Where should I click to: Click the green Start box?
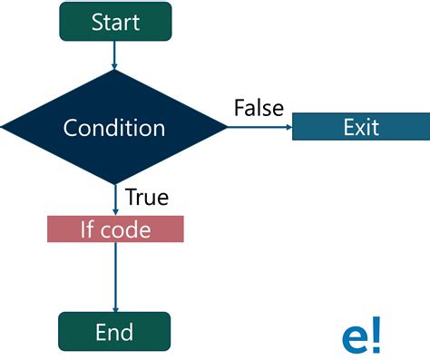click(x=114, y=22)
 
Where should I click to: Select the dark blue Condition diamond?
click(x=114, y=128)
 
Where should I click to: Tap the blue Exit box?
click(x=360, y=127)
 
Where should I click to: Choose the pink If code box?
click(x=115, y=229)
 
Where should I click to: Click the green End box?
click(x=114, y=331)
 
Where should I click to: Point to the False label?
click(x=259, y=108)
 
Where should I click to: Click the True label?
click(x=146, y=197)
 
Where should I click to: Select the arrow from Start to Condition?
click(x=114, y=54)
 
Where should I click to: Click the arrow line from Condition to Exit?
click(x=259, y=127)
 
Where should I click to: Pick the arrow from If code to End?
click(x=114, y=277)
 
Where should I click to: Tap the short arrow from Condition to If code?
click(x=114, y=199)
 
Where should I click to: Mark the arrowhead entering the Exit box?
click(x=288, y=127)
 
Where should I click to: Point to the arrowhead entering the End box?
click(x=114, y=308)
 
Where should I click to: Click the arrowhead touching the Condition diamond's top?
click(x=114, y=67)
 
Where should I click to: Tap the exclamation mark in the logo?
click(x=376, y=333)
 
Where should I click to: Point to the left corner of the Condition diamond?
click(x=5, y=128)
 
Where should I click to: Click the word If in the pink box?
click(x=88, y=229)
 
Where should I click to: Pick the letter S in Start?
click(x=97, y=23)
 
